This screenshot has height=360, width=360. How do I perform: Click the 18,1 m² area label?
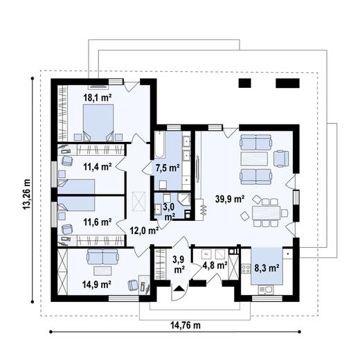pos(98,98)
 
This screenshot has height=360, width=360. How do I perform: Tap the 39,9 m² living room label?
pos(230,199)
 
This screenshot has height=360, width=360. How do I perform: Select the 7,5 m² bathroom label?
pos(168,168)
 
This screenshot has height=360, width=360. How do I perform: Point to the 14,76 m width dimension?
pos(186,325)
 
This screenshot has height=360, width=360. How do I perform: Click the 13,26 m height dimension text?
pos(26,194)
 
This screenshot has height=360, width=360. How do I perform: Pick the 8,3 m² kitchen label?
pos(267,268)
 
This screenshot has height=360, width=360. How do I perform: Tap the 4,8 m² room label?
pos(215,265)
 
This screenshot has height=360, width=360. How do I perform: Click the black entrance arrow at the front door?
pos(179,289)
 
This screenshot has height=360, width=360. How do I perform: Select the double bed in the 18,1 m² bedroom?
pos(98,123)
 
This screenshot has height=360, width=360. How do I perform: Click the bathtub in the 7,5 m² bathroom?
pos(160,145)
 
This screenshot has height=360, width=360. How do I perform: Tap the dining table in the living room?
pos(266,213)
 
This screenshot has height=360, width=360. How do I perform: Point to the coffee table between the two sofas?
pos(254,159)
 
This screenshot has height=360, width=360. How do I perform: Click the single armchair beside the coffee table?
pos(281,159)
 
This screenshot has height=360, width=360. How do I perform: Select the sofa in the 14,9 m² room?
pos(102,256)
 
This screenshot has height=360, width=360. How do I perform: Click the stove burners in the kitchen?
pos(246,269)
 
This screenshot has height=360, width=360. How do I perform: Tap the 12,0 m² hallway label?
pos(144,231)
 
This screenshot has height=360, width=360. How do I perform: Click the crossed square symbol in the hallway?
pos(139,201)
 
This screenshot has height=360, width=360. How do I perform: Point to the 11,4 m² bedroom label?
pos(98,167)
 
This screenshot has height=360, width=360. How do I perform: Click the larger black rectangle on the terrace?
pos(287,83)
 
